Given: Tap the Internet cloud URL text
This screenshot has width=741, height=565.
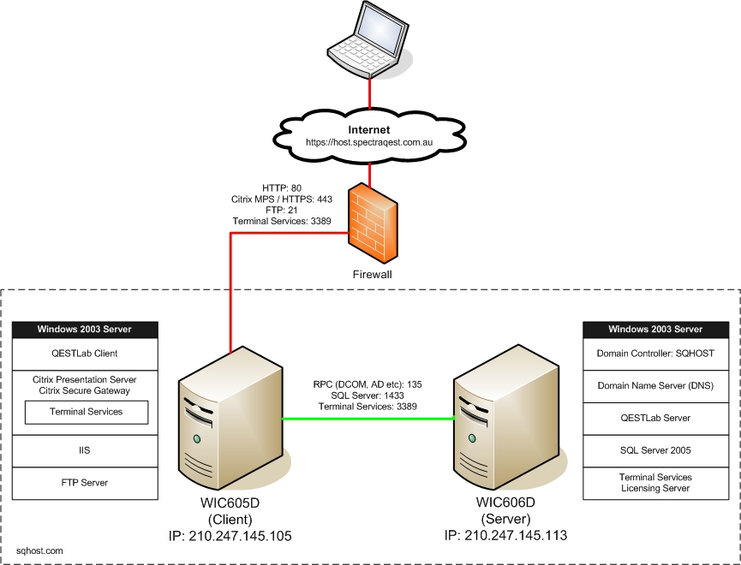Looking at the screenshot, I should coord(369,142).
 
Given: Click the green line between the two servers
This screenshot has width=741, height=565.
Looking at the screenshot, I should coord(368,419).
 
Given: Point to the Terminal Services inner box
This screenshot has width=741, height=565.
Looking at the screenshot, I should coord(87,412).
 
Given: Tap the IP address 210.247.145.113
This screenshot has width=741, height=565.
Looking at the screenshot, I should coord(505,537).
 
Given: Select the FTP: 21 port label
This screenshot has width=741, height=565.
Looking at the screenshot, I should coord(282,210).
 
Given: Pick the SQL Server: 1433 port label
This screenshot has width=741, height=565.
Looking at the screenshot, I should coord(368,396).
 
